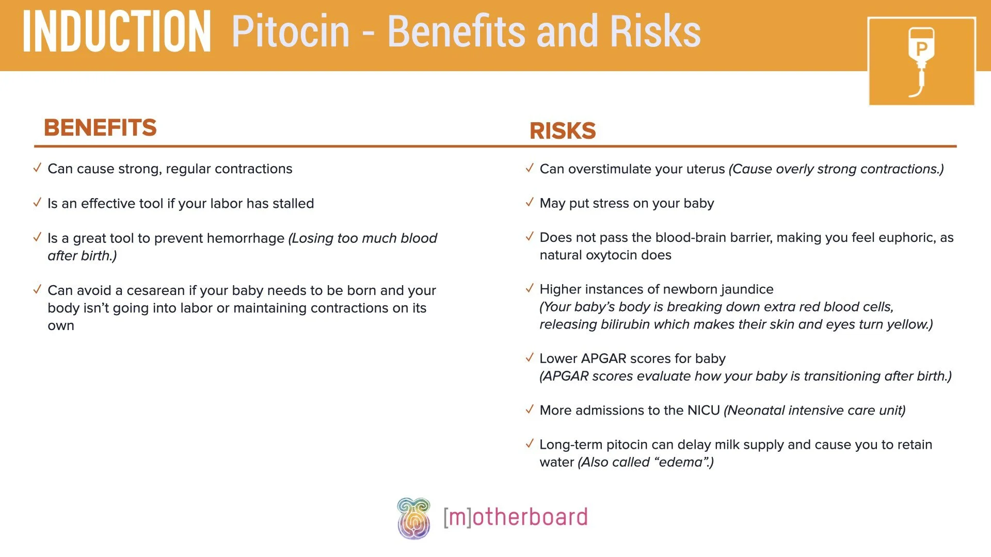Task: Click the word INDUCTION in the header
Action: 117,32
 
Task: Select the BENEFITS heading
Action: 100,127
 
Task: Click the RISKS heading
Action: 563,130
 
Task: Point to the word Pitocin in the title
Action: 291,32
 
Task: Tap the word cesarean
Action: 155,291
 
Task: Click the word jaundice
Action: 747,289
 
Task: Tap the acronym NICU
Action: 704,411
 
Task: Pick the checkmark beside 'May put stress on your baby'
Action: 529,203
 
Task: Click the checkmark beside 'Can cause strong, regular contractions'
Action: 37,168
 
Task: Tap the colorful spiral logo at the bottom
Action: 413,518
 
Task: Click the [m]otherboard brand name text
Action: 515,517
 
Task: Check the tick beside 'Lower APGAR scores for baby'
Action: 529,358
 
